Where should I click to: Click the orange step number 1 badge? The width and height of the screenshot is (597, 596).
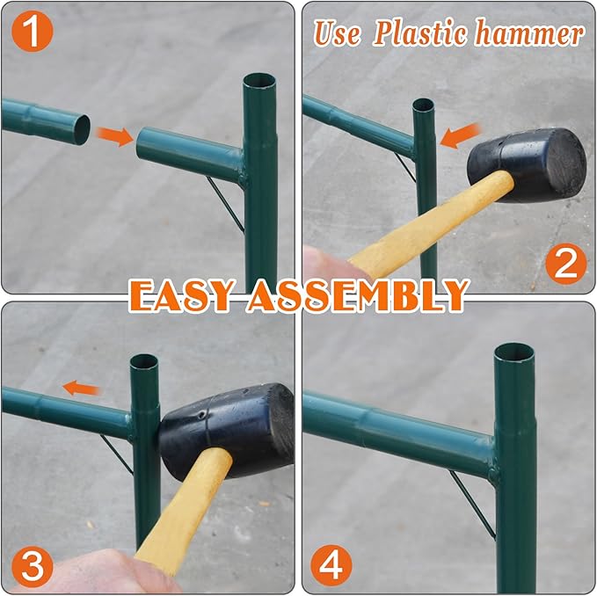point(32,32)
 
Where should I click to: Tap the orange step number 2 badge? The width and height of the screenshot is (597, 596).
point(565,264)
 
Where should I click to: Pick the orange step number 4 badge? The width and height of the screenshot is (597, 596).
point(331,565)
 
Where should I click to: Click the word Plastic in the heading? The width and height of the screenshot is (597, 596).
point(420,33)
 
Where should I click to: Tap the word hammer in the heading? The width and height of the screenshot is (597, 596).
point(529,33)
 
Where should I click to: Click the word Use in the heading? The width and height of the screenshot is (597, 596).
point(338,33)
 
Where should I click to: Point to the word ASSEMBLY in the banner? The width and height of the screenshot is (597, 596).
point(358,295)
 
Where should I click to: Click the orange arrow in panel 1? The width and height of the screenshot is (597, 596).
point(114,136)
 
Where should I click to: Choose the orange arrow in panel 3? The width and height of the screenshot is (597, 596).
point(81,389)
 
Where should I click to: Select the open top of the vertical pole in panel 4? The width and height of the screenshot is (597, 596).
point(513,353)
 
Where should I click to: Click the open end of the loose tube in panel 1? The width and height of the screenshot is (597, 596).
point(82,130)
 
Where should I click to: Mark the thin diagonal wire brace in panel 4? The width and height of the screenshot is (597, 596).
point(472,505)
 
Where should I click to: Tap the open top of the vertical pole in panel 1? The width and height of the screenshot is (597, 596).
point(259,82)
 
